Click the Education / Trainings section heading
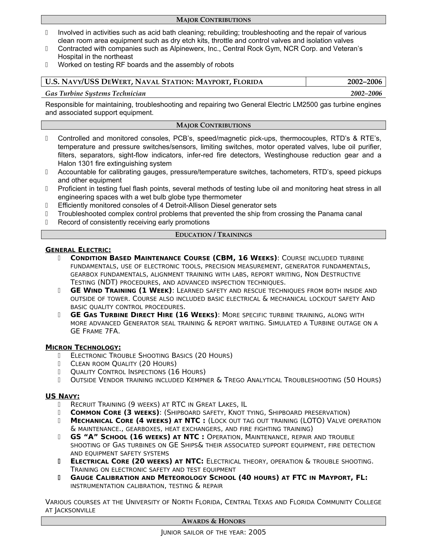point(213,235)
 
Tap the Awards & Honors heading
point(213,521)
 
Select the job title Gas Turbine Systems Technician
point(95,94)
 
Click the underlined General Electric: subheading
point(78,250)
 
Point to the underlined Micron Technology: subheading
point(83,347)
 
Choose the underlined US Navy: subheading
point(62,396)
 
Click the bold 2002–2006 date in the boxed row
point(364,82)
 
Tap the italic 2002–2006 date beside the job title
point(366,94)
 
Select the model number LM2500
point(305,105)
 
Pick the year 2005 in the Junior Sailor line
point(257,532)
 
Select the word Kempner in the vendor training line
point(200,380)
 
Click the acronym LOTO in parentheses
point(312,421)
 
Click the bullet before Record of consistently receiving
point(46,222)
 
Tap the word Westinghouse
point(286,155)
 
